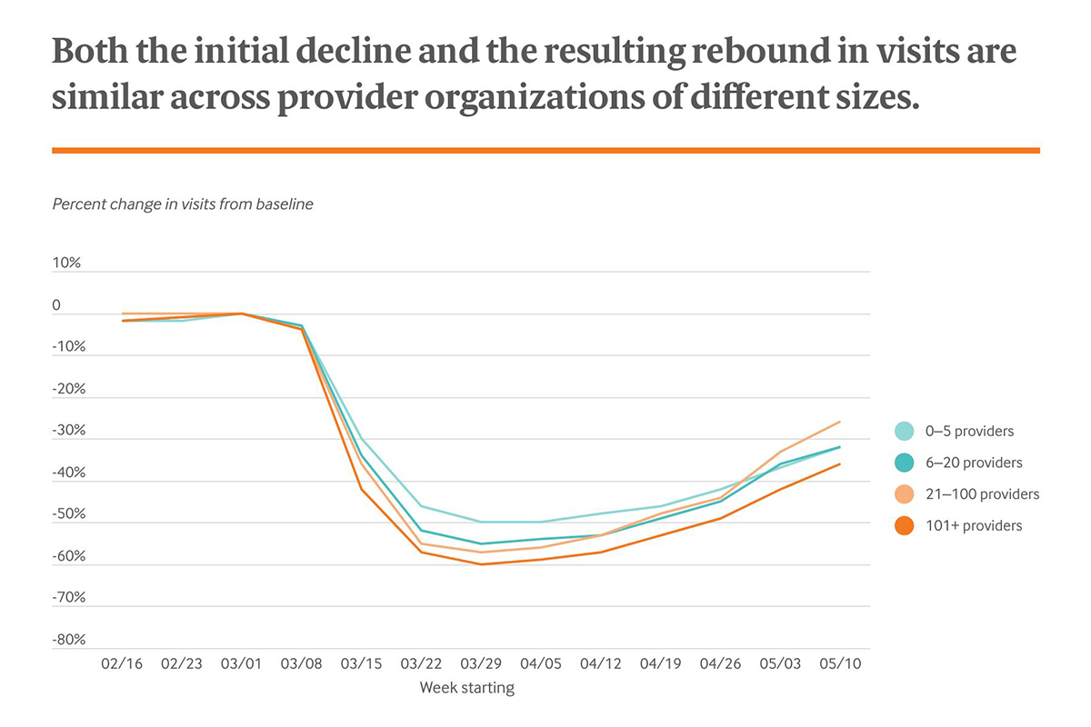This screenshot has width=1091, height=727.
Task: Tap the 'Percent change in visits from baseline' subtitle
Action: (183, 204)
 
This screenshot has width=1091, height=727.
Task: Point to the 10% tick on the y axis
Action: (66, 263)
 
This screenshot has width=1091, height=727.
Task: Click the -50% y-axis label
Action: (68, 513)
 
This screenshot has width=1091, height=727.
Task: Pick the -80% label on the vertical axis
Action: (68, 639)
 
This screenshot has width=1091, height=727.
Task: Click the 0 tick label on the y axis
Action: (56, 305)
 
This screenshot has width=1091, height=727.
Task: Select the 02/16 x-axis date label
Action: (121, 664)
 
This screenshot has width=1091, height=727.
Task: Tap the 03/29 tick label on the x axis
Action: (481, 664)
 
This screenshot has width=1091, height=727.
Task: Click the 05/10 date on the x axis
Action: (841, 664)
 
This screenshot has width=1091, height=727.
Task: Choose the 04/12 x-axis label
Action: (601, 664)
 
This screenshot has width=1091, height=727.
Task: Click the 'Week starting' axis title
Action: (466, 688)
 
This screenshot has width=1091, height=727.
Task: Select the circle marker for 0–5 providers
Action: (904, 432)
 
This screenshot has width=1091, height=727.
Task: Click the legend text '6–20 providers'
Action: (973, 463)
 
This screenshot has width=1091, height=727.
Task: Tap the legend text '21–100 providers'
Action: (981, 494)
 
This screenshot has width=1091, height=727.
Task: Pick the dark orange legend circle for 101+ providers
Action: (904, 525)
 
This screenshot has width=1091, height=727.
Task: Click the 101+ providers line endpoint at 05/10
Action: (840, 463)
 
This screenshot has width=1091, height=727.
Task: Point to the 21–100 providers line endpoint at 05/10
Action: (840, 422)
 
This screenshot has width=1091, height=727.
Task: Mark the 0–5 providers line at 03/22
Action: (421, 506)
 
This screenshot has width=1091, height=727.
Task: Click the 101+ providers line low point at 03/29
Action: (481, 564)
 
